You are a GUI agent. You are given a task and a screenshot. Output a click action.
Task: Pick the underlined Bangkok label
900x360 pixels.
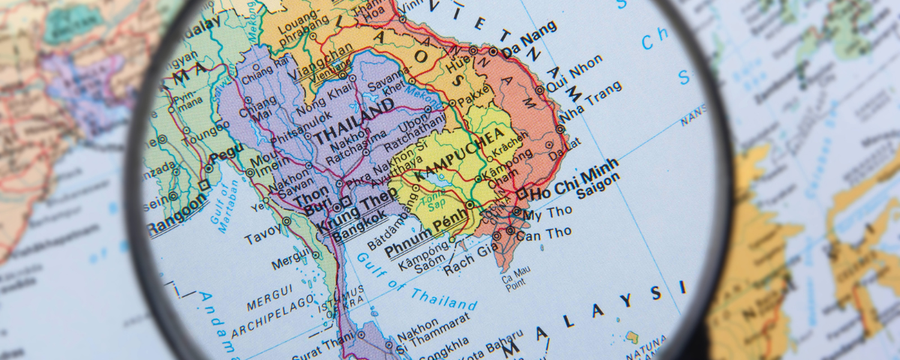pyautogui.click(x=360, y=227)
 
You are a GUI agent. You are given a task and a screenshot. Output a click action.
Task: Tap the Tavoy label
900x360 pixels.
pyautogui.click(x=262, y=237)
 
